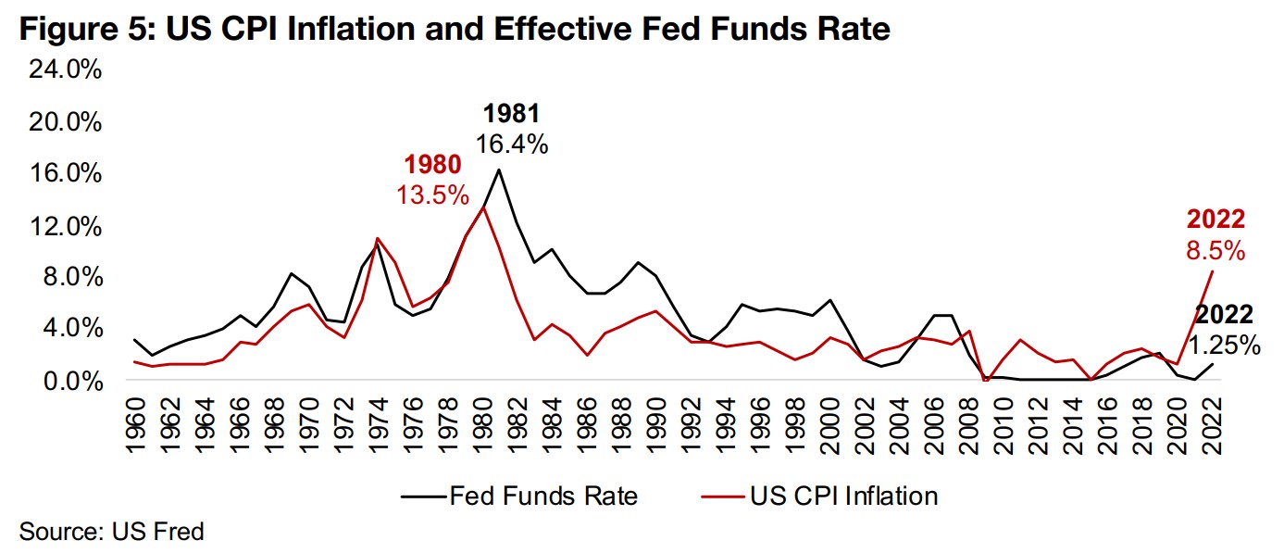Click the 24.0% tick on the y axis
click(x=66, y=71)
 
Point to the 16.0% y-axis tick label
click(x=66, y=174)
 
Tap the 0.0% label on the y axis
click(x=72, y=381)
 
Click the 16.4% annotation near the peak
click(x=512, y=144)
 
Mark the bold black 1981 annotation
click(x=511, y=115)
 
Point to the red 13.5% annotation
click(x=432, y=195)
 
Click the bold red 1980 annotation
click(x=432, y=167)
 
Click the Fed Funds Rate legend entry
click(x=518, y=496)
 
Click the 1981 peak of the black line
click(x=500, y=170)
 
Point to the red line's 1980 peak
click(x=482, y=207)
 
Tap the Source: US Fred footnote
click(x=111, y=532)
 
